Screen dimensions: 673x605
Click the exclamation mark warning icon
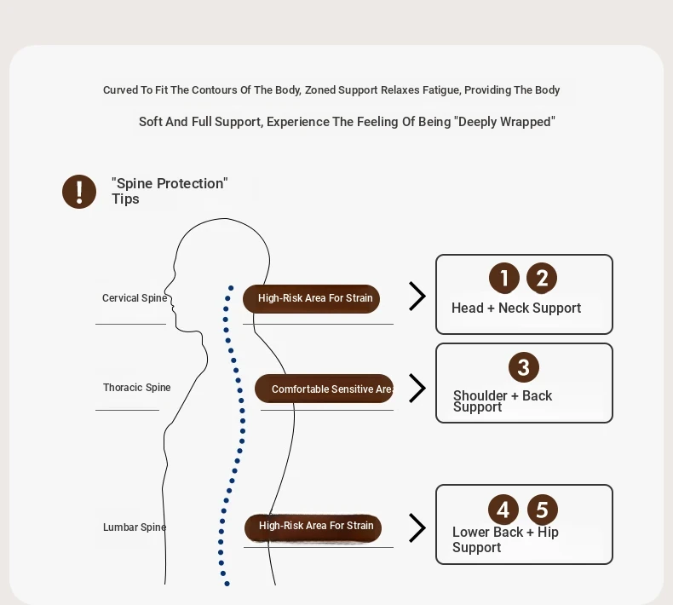[79, 192]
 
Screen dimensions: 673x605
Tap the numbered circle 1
[503, 279]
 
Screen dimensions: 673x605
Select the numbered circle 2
[542, 279]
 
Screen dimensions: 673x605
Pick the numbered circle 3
[524, 367]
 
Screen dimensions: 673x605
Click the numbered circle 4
[503, 510]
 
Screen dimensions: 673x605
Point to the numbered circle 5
[543, 510]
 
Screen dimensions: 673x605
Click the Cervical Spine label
[135, 298]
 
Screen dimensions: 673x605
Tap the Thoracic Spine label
[137, 388]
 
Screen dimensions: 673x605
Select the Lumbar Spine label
[135, 527]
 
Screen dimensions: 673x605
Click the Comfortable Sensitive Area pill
[324, 389]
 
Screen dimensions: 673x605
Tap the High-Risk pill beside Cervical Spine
[311, 298]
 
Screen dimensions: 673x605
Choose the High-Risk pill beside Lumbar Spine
[313, 527]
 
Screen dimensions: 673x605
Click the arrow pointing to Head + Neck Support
[417, 296]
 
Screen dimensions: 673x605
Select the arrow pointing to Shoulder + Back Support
[417, 389]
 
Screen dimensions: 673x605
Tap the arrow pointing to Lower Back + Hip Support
[417, 527]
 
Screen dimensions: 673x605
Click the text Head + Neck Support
[516, 308]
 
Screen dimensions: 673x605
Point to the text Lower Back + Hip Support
[505, 539]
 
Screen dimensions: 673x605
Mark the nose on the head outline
[166, 287]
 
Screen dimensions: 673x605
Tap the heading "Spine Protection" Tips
[170, 191]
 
